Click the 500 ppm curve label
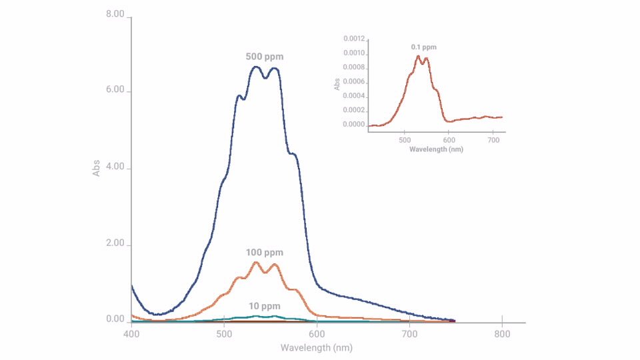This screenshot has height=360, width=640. pyautogui.click(x=265, y=57)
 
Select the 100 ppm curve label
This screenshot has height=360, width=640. pyautogui.click(x=265, y=253)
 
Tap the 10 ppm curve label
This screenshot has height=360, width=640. pyautogui.click(x=265, y=306)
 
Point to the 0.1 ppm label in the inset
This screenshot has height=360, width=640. pyautogui.click(x=423, y=47)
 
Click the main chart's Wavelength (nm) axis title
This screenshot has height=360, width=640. pyautogui.click(x=316, y=348)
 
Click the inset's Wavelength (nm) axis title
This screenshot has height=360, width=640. pyautogui.click(x=436, y=149)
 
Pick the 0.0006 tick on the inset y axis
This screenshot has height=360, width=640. pyautogui.click(x=354, y=82)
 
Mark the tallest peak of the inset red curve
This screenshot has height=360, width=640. pyautogui.click(x=419, y=56)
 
